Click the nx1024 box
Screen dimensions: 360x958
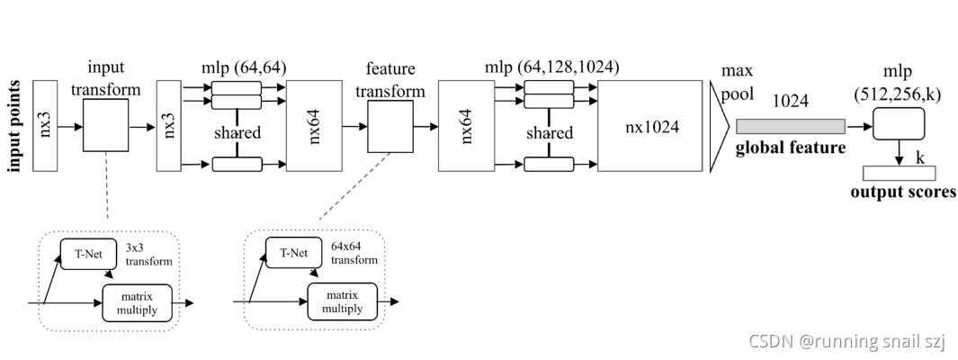[x=652, y=126]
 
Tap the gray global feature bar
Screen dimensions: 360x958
[x=790, y=127]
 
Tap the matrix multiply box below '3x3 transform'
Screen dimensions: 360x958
[x=136, y=301]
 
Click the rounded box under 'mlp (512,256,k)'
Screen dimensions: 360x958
[x=900, y=123]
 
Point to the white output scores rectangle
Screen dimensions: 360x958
[x=899, y=174]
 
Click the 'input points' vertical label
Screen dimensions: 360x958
[x=14, y=126]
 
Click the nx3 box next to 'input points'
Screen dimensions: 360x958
[x=45, y=126]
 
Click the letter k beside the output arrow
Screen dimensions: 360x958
[x=920, y=157]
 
